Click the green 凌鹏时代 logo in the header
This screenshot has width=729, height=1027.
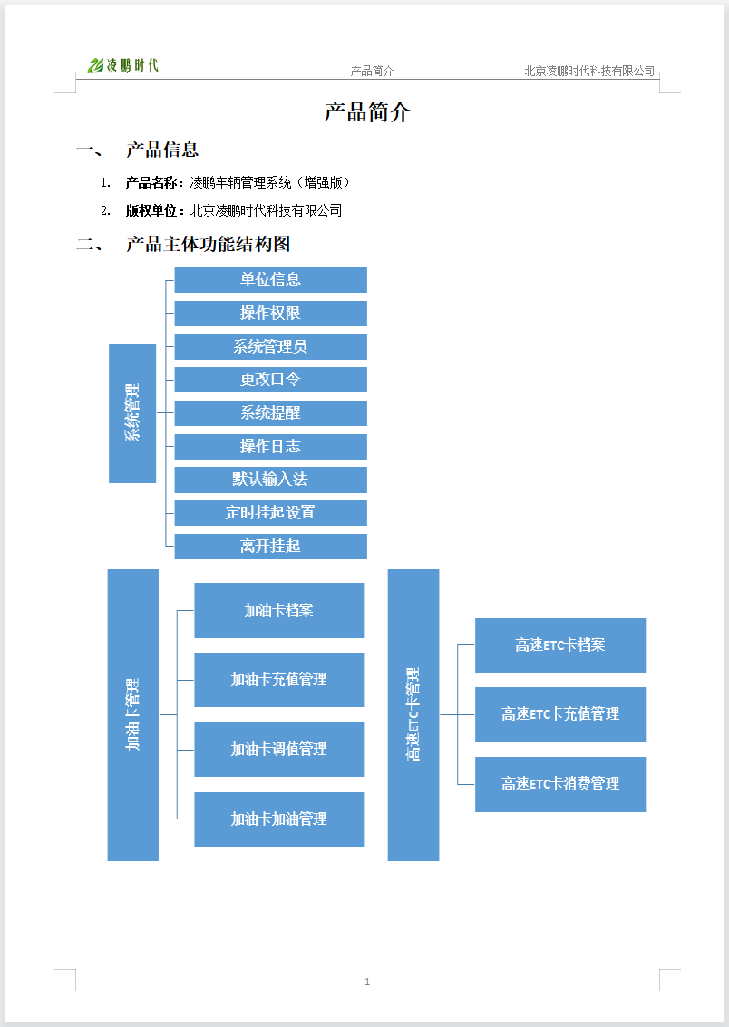pos(123,65)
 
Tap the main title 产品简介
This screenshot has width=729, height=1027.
pos(367,112)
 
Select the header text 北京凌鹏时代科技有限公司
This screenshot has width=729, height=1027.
pos(589,71)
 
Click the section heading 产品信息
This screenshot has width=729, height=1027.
pos(162,150)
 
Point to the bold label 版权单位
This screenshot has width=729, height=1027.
pos(151,210)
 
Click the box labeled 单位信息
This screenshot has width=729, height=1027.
pos(270,280)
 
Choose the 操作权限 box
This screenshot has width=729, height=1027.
pos(270,313)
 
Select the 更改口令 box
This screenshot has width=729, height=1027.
pos(270,380)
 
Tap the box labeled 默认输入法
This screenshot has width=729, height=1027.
pos(270,480)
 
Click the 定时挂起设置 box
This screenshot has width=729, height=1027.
pos(270,513)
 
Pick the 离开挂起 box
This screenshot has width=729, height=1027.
pos(270,547)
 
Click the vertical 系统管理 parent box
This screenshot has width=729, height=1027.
pos(132,413)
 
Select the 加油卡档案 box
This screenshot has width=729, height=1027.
pos(279,610)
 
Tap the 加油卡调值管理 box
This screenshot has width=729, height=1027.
pos(279,750)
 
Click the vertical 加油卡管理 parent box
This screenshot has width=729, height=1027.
pos(133,714)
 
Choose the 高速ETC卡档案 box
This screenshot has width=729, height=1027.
pos(560,645)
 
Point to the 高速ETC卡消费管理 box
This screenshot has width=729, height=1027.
pos(560,784)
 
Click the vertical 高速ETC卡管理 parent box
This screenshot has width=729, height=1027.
pos(413,714)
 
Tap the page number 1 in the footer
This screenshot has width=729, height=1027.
pos(367,981)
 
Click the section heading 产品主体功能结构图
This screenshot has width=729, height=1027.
pos(209,245)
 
